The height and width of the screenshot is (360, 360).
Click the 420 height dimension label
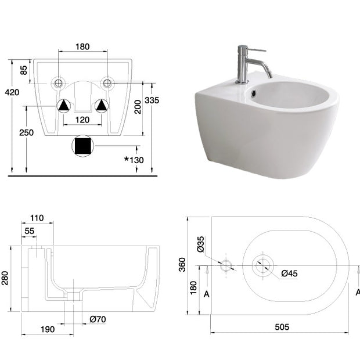pos(12,92)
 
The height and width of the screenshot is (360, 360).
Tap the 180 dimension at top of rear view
pos(82,46)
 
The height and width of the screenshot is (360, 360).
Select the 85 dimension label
pos(24,70)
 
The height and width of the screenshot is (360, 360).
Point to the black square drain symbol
pos(82,146)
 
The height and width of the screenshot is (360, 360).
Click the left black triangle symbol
pos(64,106)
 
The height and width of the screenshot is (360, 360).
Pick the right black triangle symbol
pos(101,106)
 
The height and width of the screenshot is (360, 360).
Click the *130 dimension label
pos(134,160)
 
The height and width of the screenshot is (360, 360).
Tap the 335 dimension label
pos(152,100)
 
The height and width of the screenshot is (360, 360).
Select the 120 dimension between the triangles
pos(82,120)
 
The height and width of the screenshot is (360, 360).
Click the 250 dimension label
pos(26,132)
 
